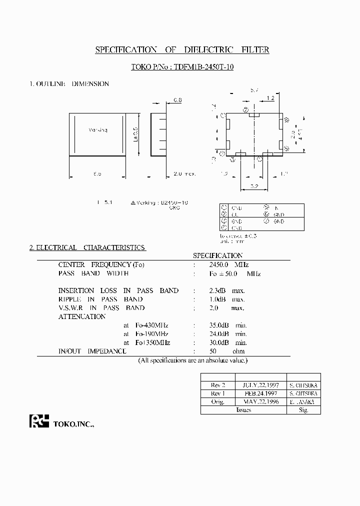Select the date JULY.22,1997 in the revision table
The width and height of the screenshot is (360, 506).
260,386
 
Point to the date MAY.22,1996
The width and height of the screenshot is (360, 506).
260,402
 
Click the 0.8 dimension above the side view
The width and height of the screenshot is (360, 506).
177,100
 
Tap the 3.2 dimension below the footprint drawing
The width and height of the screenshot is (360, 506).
254,187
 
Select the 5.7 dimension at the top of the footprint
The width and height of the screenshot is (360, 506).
254,90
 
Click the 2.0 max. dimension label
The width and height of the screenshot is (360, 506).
184,174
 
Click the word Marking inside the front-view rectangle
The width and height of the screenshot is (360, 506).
97,130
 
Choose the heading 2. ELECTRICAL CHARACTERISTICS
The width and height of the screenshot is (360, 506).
87,247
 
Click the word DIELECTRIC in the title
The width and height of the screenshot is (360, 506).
205,50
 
